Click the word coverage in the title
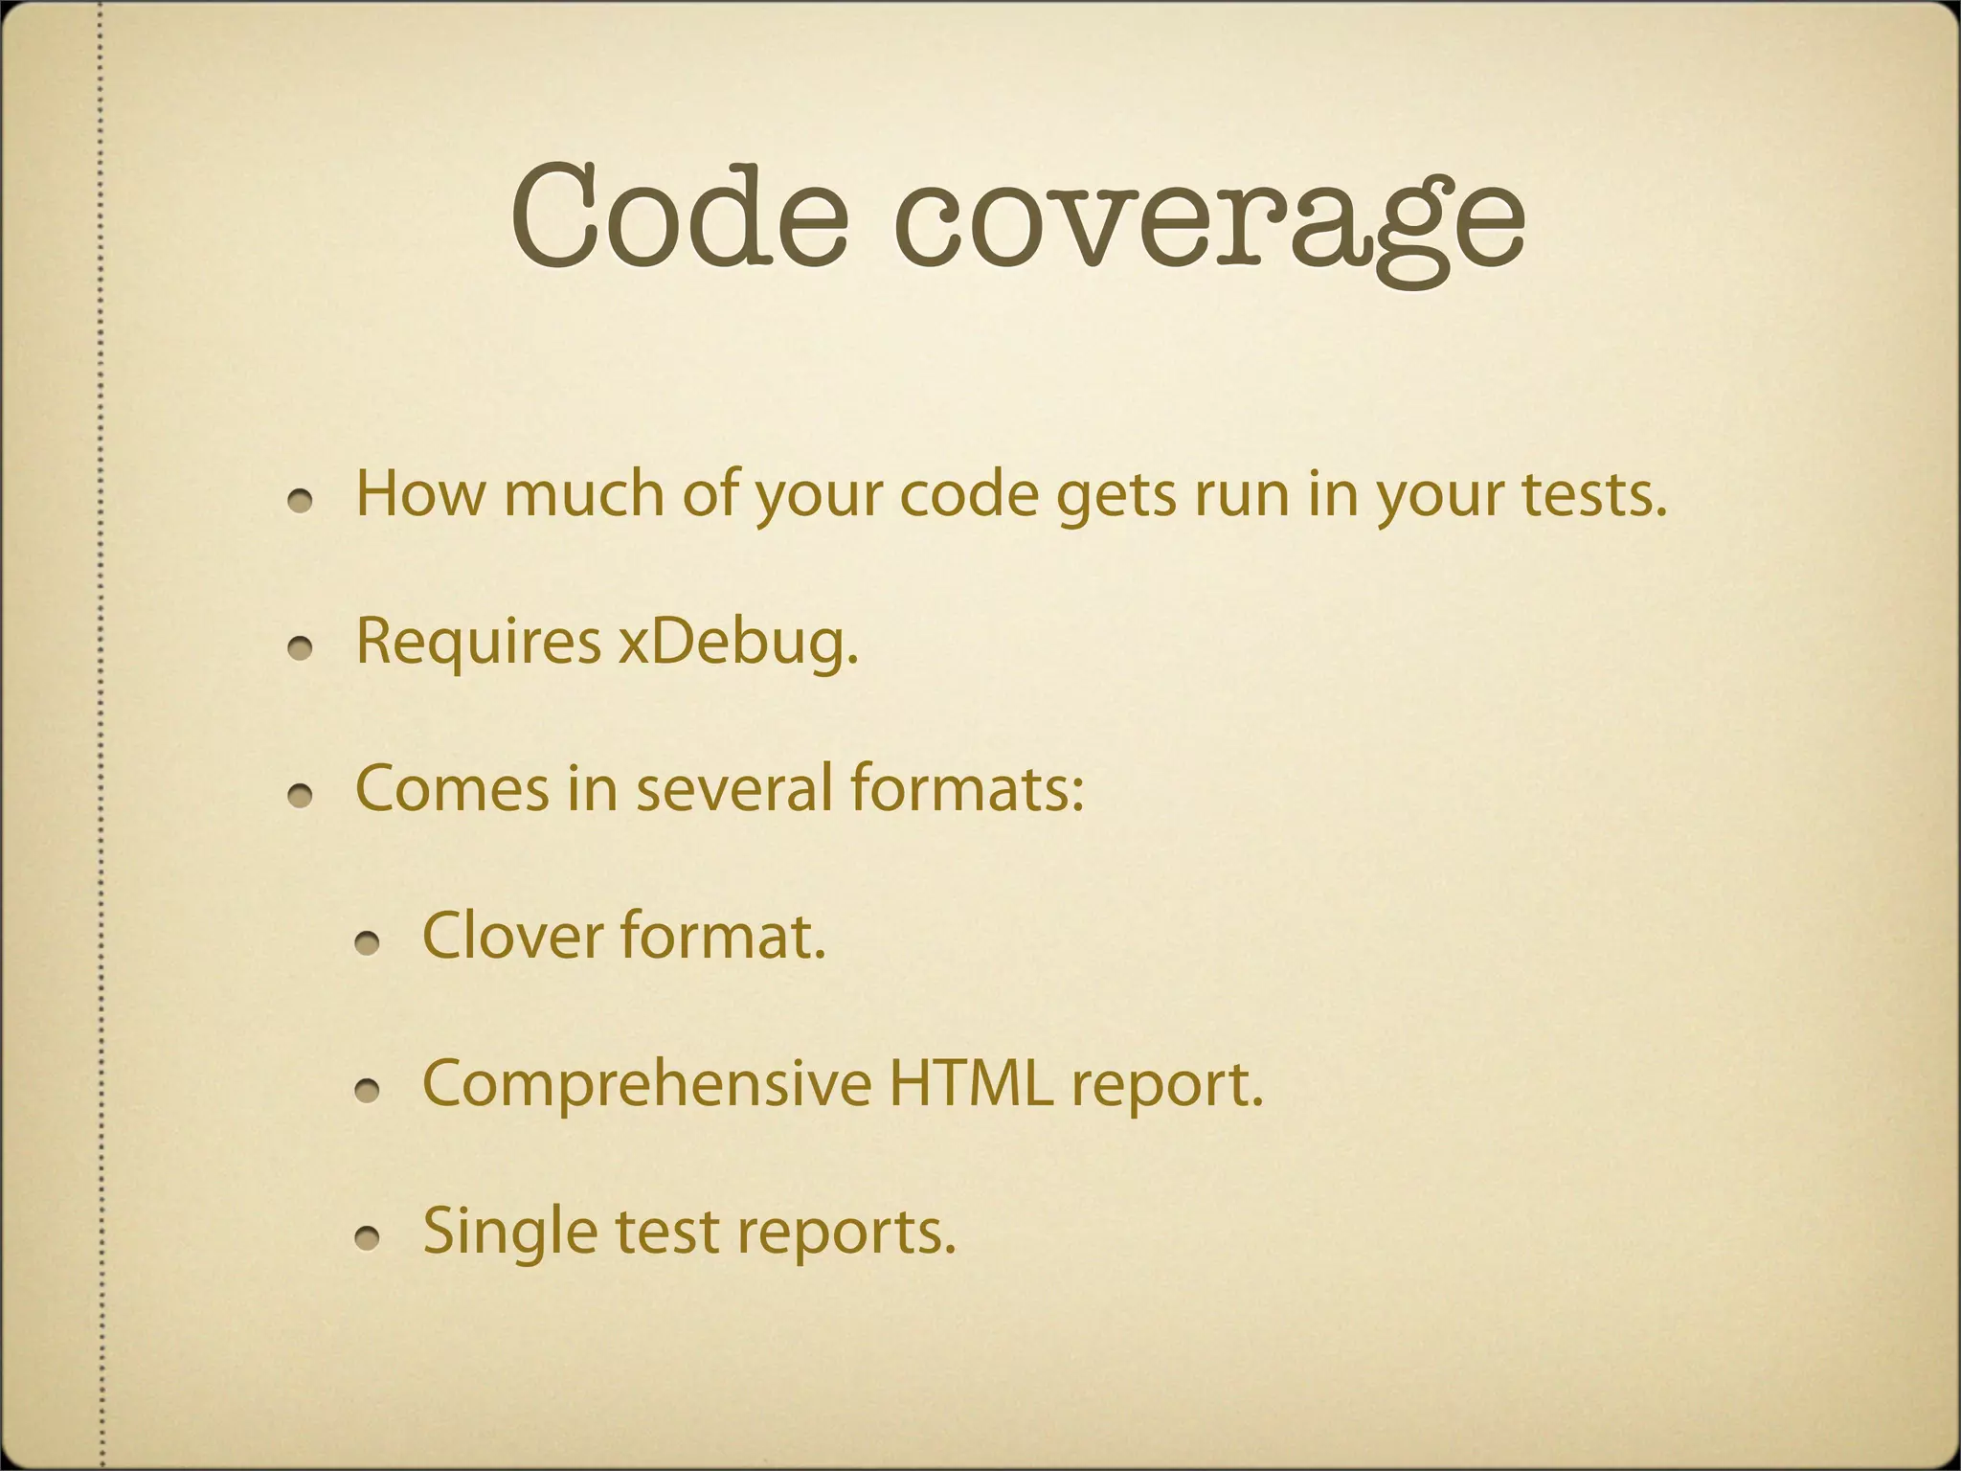pyautogui.click(x=1209, y=222)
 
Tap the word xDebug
pyautogui.click(x=737, y=641)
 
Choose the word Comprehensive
pyautogui.click(x=646, y=1085)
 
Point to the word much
pyautogui.click(x=583, y=494)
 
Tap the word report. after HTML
pyautogui.click(x=1167, y=1085)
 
